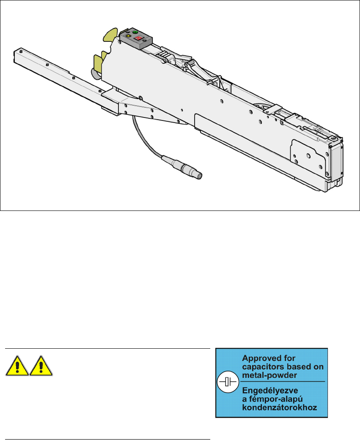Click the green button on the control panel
coord(135,33)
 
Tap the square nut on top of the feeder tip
coord(334,138)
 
